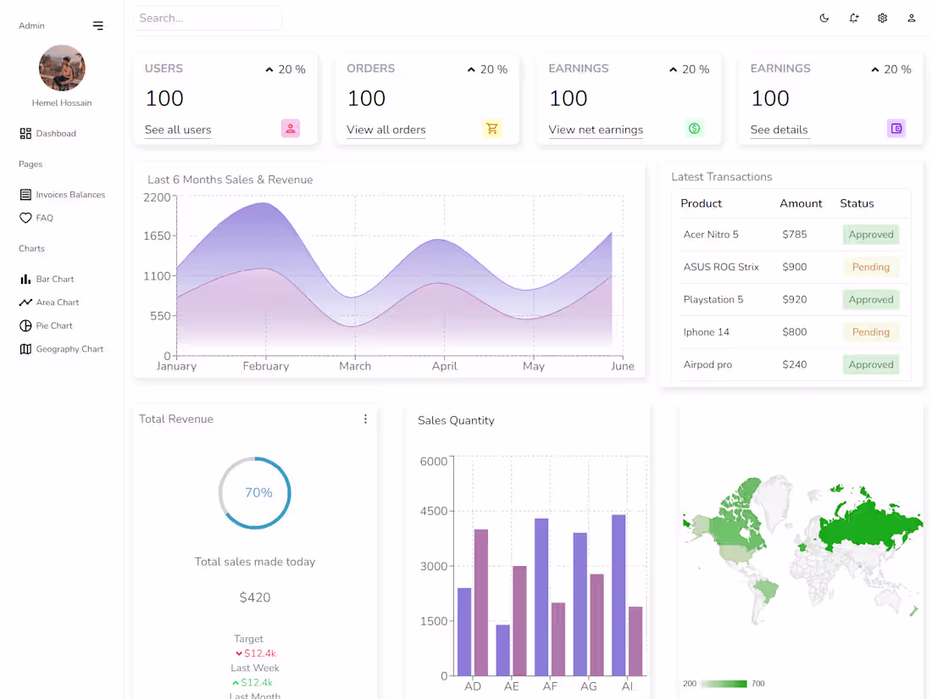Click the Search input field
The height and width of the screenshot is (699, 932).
click(208, 18)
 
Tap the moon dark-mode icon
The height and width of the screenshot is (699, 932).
click(824, 18)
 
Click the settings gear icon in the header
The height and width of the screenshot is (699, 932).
click(882, 18)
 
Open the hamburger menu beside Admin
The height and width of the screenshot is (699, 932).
click(98, 25)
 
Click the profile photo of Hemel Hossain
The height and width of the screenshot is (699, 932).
click(62, 68)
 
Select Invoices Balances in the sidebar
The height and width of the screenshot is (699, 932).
click(69, 195)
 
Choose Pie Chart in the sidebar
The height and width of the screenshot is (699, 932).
click(53, 325)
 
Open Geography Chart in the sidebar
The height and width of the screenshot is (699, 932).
click(69, 349)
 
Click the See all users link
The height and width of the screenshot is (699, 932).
click(178, 130)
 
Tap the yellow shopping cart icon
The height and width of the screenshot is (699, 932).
click(492, 129)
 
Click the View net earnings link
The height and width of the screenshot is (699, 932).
click(596, 130)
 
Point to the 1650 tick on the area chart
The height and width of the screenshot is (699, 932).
click(157, 236)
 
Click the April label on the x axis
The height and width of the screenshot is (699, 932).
click(444, 366)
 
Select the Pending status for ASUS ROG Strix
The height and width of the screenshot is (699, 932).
click(870, 267)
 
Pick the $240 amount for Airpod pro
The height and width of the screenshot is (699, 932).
click(795, 364)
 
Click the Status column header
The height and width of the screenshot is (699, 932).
click(857, 203)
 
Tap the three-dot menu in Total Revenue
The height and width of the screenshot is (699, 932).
click(365, 419)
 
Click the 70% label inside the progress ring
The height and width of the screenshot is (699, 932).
click(258, 492)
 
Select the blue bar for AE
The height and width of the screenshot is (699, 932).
click(503, 650)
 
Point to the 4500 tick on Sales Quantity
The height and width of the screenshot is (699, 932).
click(434, 511)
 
